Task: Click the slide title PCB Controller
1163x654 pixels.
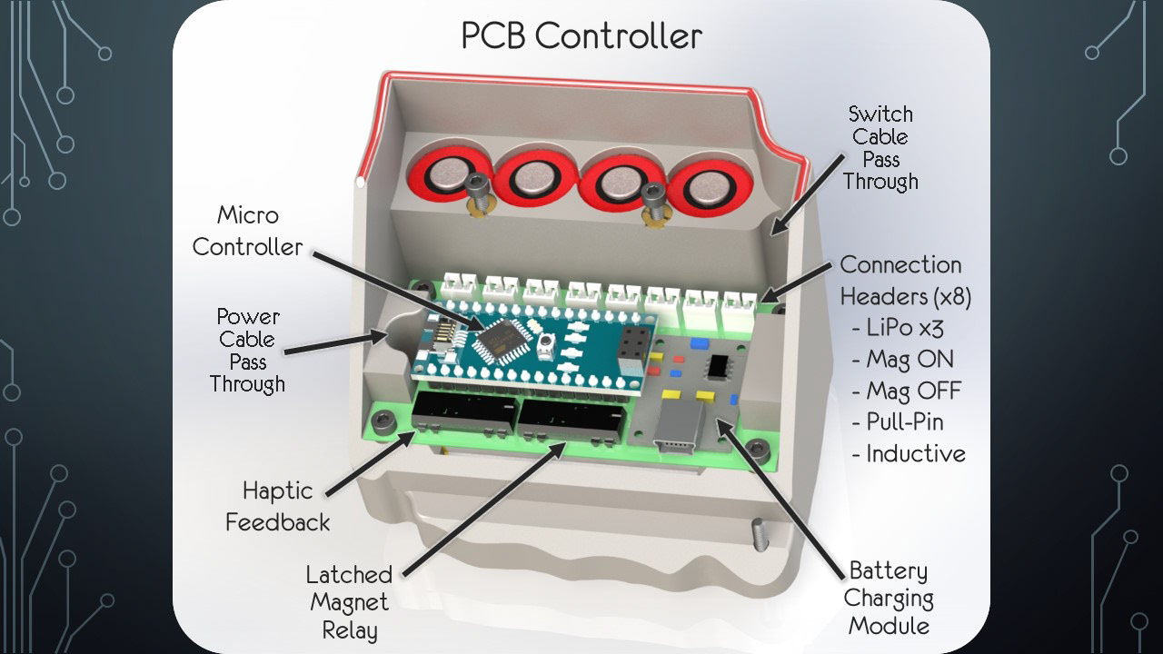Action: coord(581,36)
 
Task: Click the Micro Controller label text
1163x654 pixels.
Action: coord(247,232)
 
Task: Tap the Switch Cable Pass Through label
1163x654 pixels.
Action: coord(880,148)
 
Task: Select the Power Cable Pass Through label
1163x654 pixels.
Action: coord(247,351)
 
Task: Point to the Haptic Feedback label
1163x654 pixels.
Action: coord(277,507)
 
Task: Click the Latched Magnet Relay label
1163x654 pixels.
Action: coord(349,602)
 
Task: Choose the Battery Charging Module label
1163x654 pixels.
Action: coord(888,599)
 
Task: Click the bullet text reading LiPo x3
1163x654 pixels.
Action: coord(911,328)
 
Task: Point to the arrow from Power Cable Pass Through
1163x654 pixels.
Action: coord(336,342)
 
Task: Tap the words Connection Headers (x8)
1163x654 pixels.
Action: coord(900,281)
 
